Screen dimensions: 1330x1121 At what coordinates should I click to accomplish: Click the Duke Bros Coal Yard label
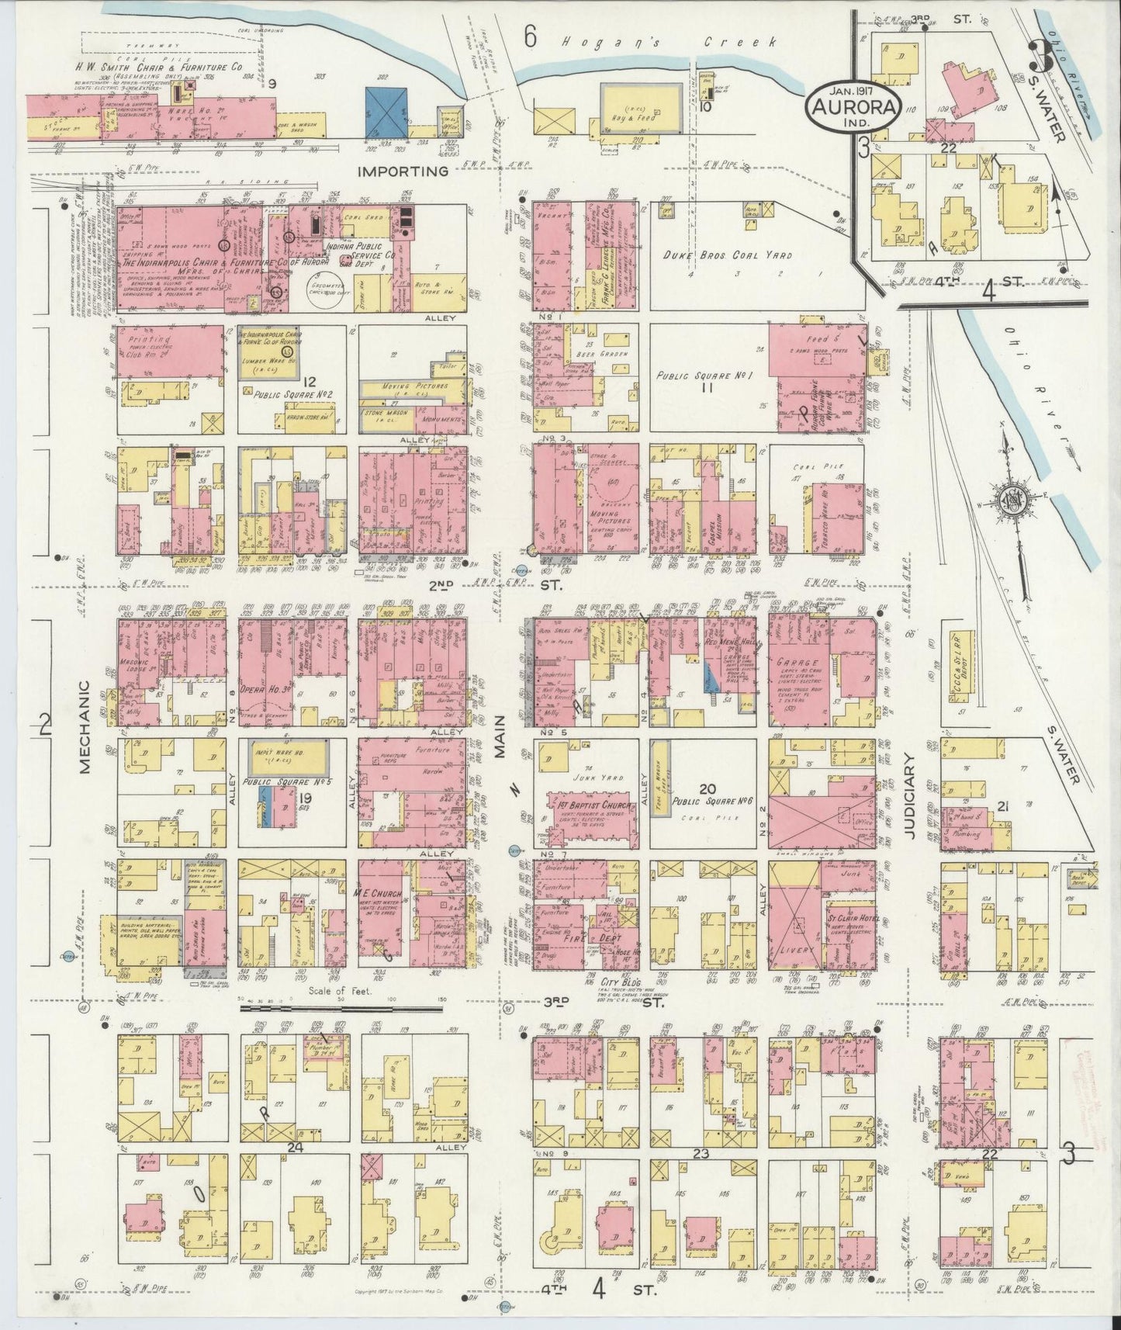(x=708, y=255)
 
